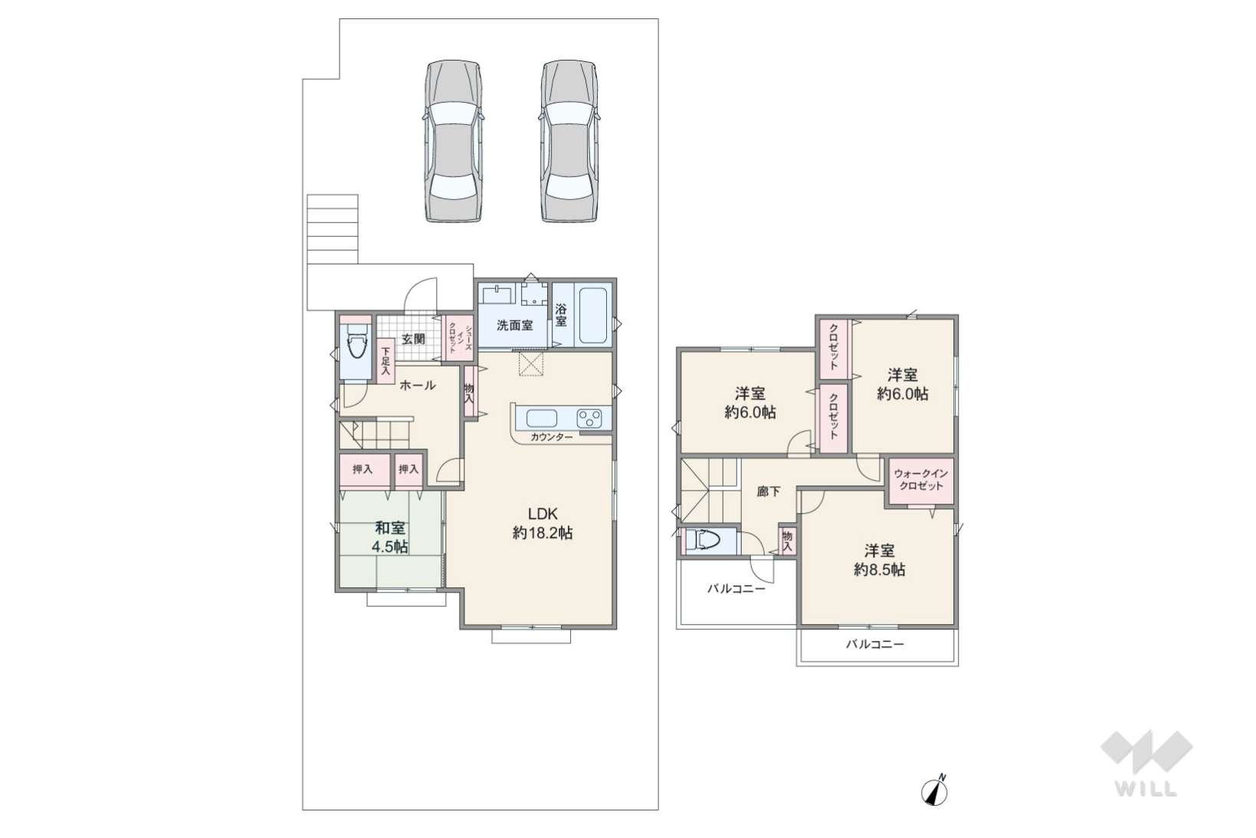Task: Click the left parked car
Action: coord(453,141)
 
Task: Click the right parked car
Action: coord(569,141)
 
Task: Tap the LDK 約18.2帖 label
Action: coord(543,523)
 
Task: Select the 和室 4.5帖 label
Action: coord(390,537)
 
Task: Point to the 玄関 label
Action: coord(413,339)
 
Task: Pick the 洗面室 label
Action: coord(515,325)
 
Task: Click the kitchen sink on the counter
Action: coord(542,419)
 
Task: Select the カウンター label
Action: coord(552,437)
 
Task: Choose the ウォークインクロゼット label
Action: coord(921,480)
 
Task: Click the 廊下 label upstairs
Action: coord(768,492)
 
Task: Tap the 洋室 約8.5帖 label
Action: coord(879,560)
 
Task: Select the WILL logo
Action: coord(1146,763)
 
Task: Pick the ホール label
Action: coord(418,386)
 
